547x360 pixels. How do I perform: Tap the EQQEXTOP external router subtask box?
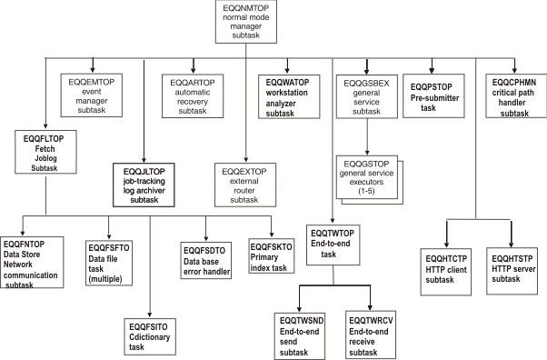tap(245, 183)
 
